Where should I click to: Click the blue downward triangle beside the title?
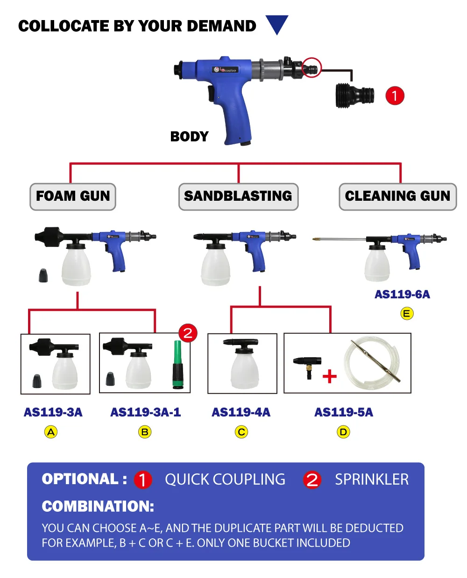[x=276, y=24]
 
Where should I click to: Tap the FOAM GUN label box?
[x=73, y=197]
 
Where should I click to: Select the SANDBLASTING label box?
[x=238, y=197]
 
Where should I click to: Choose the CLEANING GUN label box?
[x=397, y=197]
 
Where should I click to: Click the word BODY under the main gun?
[x=189, y=137]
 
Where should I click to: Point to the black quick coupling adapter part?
[x=355, y=95]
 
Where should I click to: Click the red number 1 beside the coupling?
[x=395, y=96]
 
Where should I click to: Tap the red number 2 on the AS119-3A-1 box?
[x=188, y=333]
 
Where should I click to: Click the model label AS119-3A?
[x=53, y=413]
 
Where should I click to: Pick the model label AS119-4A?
[x=241, y=413]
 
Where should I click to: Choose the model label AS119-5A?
[x=344, y=413]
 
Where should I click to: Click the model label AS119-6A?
[x=402, y=295]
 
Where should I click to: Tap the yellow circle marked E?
[x=407, y=314]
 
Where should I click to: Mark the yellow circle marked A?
[x=51, y=432]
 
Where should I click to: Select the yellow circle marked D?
[x=343, y=432]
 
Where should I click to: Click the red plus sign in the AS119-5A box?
[x=330, y=376]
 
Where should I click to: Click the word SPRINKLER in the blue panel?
[x=372, y=480]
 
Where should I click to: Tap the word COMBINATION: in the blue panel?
[x=98, y=507]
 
